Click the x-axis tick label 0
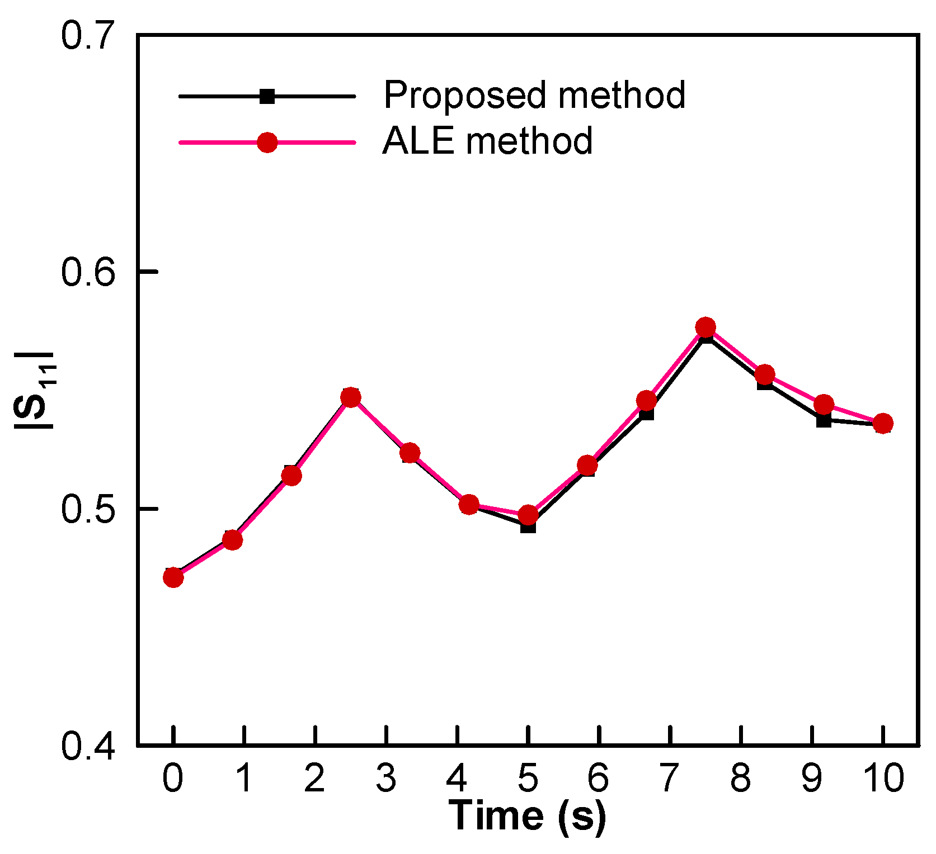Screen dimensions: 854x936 click(x=173, y=778)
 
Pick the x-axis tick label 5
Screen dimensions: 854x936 click(x=528, y=778)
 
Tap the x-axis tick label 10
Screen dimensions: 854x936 click(x=882, y=778)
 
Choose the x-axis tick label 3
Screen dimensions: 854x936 click(x=386, y=778)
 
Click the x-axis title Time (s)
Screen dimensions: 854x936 click(x=528, y=815)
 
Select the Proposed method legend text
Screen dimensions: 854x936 click(x=534, y=95)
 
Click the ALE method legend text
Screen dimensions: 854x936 click(x=487, y=141)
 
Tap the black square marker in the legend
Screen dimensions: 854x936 click(x=267, y=96)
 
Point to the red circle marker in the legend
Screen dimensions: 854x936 click(x=267, y=143)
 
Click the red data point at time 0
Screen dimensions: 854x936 click(x=173, y=577)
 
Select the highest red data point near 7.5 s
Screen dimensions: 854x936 click(x=705, y=328)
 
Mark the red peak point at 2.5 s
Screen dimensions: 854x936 click(x=351, y=397)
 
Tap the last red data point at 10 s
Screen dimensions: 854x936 click(x=883, y=424)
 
